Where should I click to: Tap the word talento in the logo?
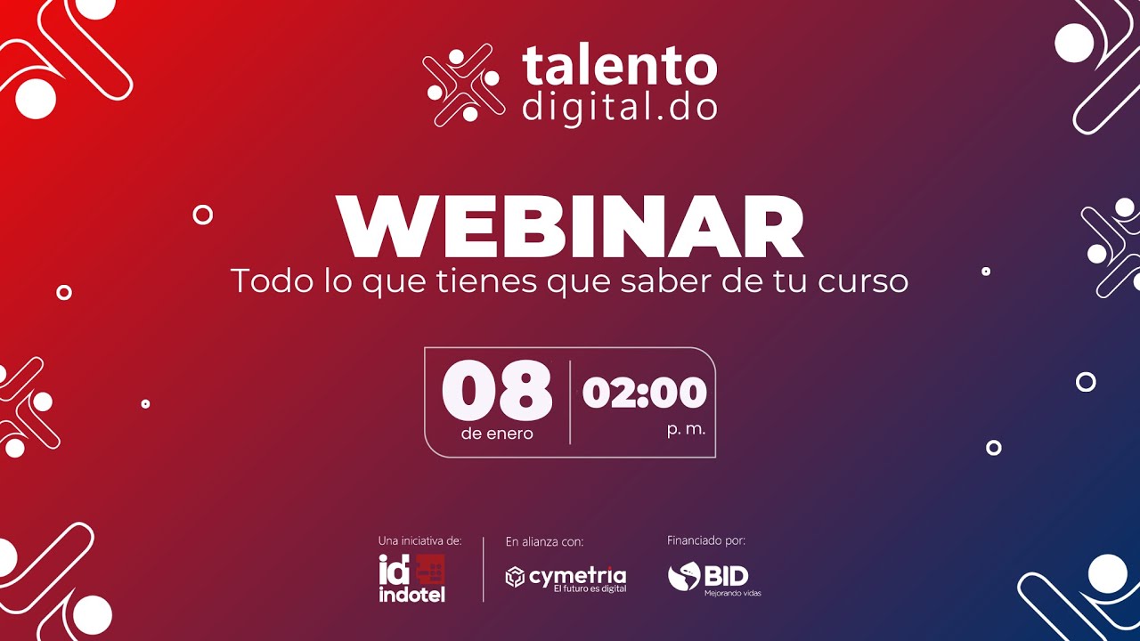tap(619, 68)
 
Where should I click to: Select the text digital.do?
tap(619, 107)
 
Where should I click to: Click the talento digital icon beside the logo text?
tap(462, 85)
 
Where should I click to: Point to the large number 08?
tap(497, 392)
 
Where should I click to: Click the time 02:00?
tap(644, 393)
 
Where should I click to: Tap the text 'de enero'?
tap(497, 434)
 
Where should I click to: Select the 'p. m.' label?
tap(686, 429)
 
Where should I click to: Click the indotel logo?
tap(411, 578)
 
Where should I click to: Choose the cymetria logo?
tap(566, 576)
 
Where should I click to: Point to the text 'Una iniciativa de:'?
tap(419, 540)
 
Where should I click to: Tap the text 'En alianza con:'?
tap(544, 541)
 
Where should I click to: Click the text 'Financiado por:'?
tap(706, 540)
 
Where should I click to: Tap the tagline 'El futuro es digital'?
tap(590, 589)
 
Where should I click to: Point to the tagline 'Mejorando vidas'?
tap(732, 593)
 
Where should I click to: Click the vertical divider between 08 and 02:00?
tap(570, 402)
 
